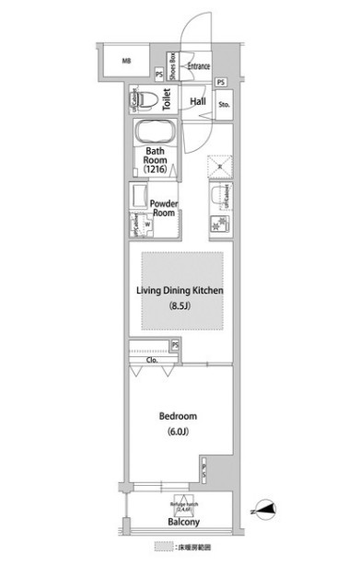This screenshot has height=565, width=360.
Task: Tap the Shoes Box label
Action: (x=172, y=67)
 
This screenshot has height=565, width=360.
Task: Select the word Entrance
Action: (x=197, y=66)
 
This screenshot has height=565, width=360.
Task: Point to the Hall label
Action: (x=198, y=101)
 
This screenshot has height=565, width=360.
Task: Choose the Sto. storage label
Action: (x=224, y=104)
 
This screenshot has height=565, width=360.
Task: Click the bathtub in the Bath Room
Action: (x=155, y=133)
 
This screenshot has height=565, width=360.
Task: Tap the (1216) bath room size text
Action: (x=154, y=170)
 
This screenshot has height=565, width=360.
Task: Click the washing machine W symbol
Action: (x=146, y=222)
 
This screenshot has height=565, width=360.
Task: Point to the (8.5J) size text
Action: (x=181, y=306)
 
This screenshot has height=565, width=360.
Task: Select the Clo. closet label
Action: (x=149, y=360)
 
